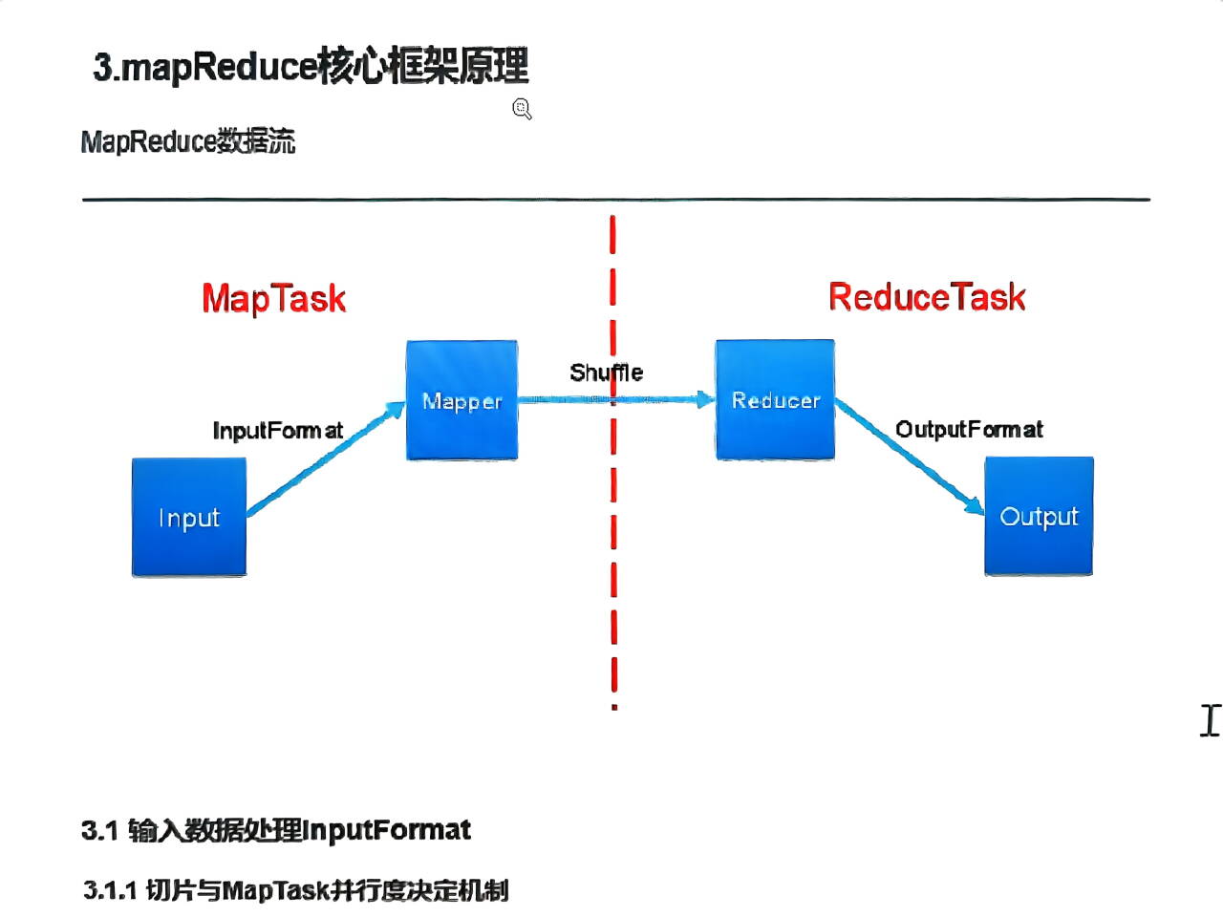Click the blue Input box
(x=189, y=517)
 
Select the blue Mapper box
(x=461, y=400)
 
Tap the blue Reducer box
(x=775, y=399)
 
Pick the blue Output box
(x=1039, y=516)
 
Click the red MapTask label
(x=273, y=298)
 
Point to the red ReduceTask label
(x=926, y=297)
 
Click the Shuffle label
(x=606, y=373)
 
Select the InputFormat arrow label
(x=277, y=431)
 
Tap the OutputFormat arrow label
(x=969, y=430)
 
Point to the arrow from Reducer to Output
(x=908, y=458)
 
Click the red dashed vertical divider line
(x=613, y=573)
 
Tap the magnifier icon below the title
(x=522, y=109)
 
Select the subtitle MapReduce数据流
(x=188, y=142)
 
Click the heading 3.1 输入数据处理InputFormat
(x=276, y=830)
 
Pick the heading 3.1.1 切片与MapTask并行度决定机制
(x=295, y=890)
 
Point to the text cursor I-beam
(x=1210, y=720)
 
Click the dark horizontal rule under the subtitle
(x=615, y=200)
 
